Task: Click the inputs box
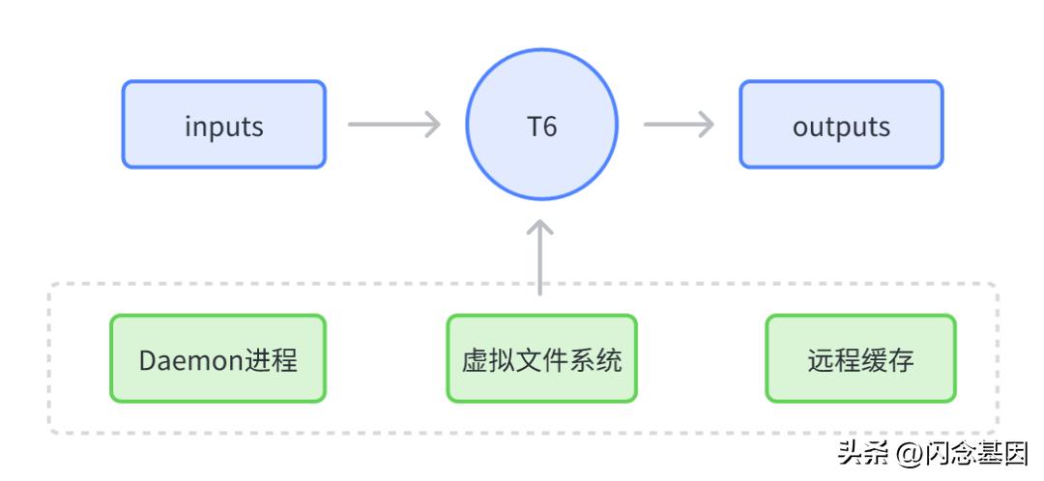coord(223,125)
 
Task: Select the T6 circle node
coord(541,125)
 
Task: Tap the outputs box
coord(841,125)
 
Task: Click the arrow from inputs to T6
coord(393,125)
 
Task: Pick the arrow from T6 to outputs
coord(679,125)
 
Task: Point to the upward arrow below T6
coord(541,256)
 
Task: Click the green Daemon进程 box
coord(218,358)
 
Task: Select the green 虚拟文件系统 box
coord(541,358)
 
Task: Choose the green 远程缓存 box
coord(860,358)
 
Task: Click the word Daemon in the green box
coord(191,360)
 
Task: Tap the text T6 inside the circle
coord(541,126)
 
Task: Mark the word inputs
coord(223,127)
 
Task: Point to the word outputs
coord(841,127)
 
